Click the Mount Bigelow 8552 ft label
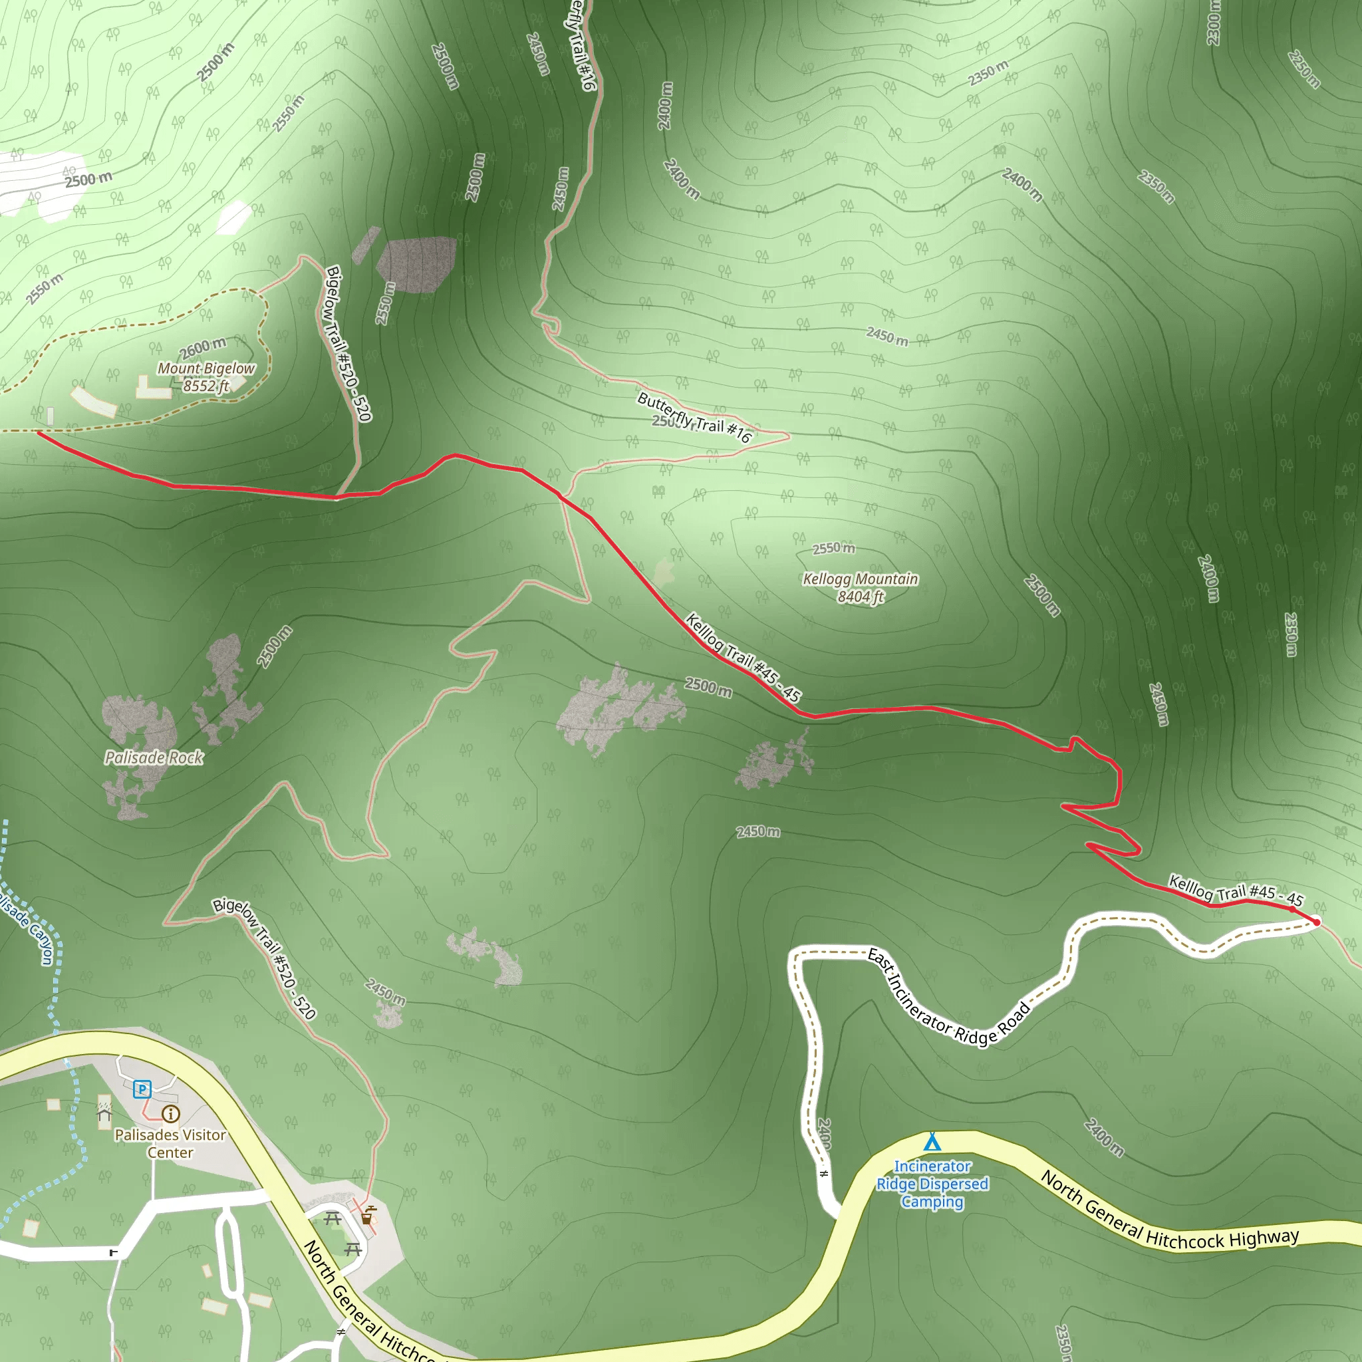coord(206,377)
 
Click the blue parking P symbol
coord(142,1089)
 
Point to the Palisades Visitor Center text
coord(170,1143)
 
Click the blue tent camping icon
coord(932,1141)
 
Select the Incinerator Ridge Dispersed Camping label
coord(932,1184)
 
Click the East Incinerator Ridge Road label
coord(948,998)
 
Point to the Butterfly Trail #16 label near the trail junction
coord(694,418)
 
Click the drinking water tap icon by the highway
coord(367,1214)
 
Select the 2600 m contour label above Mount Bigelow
coord(203,348)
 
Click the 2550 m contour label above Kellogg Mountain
coord(833,549)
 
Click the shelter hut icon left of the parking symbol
coord(104,1114)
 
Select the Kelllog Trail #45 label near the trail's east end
coord(1236,892)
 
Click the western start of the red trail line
coord(38,433)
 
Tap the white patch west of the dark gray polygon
coord(233,216)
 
